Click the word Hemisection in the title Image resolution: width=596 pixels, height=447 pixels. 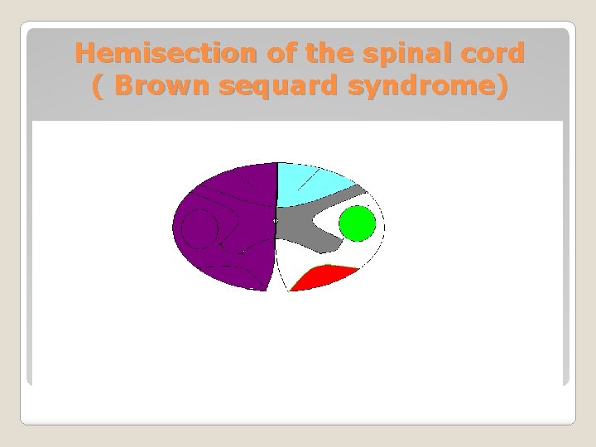(x=166, y=54)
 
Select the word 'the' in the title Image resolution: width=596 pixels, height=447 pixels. (x=328, y=54)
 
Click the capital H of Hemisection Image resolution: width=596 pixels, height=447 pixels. (x=84, y=54)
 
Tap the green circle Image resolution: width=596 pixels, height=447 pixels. (x=358, y=223)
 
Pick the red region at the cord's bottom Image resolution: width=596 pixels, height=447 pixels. (x=319, y=278)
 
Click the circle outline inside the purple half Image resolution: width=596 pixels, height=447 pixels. (x=199, y=229)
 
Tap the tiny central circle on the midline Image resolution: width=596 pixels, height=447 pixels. (x=276, y=220)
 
